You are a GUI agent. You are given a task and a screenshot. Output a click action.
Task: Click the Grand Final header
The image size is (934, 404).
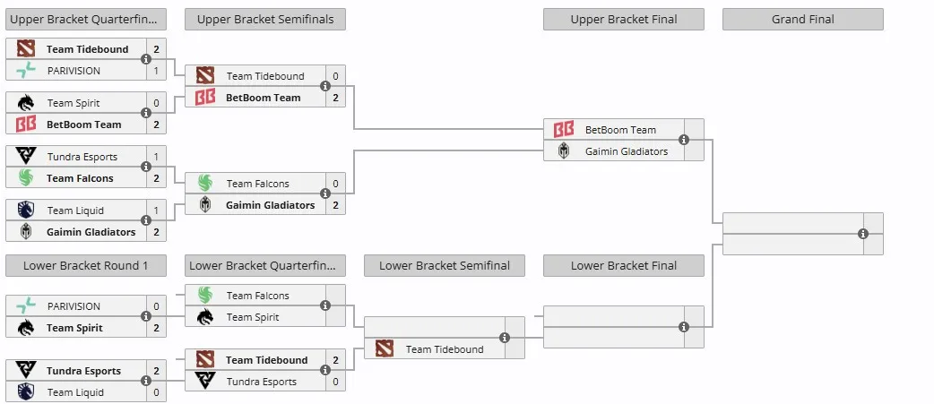click(x=802, y=19)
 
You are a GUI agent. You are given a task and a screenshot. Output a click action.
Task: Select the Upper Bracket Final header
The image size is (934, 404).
click(x=624, y=19)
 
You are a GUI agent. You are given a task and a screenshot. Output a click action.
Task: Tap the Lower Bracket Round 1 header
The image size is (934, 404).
click(x=86, y=265)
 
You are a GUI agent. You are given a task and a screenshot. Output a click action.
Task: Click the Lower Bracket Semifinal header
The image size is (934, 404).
click(x=445, y=265)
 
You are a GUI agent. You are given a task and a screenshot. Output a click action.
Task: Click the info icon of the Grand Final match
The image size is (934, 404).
click(x=863, y=234)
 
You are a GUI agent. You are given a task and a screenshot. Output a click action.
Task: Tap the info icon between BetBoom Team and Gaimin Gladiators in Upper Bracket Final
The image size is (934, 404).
click(x=684, y=140)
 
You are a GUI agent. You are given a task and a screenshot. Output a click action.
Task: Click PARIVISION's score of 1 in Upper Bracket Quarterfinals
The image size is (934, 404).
click(x=156, y=71)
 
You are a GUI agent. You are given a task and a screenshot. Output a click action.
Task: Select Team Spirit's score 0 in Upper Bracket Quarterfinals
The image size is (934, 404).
click(x=156, y=103)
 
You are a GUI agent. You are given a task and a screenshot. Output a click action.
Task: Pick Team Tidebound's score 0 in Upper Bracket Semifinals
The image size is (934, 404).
click(x=335, y=76)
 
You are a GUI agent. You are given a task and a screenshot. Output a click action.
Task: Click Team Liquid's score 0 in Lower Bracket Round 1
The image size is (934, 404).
click(x=156, y=392)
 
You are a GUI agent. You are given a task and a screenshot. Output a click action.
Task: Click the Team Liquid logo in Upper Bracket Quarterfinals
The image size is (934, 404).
click(x=26, y=210)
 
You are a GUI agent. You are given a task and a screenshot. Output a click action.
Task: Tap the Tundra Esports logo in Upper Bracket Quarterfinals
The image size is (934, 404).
click(x=26, y=157)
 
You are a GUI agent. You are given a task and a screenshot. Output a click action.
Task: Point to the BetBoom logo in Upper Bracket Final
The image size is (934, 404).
click(x=564, y=130)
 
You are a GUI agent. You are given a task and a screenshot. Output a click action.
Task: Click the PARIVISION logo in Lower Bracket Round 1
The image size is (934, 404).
click(x=26, y=305)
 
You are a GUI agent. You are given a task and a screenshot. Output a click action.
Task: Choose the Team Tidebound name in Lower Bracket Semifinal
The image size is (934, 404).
click(x=445, y=349)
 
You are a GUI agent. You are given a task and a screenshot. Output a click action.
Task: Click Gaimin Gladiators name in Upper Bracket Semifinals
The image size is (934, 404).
click(x=270, y=205)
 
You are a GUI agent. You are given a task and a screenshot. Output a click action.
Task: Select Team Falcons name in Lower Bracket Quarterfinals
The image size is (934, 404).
click(x=257, y=296)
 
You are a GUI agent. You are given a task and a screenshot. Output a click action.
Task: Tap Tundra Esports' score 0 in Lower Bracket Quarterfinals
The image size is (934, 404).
click(x=335, y=382)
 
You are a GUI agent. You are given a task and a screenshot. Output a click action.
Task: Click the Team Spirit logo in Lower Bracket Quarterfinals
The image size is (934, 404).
click(x=205, y=317)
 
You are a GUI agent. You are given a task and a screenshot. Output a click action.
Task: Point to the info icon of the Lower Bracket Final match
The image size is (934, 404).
click(x=684, y=327)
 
